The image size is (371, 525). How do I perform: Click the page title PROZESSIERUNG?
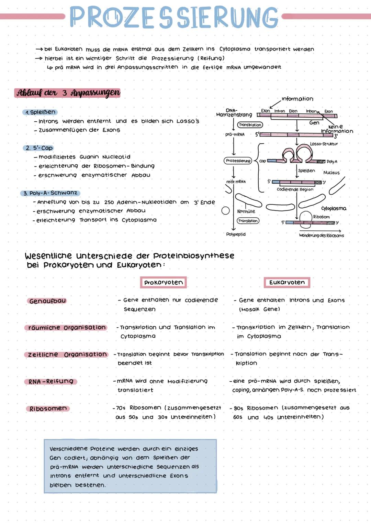[174, 17]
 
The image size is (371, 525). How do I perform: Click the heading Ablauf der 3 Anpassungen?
[68, 93]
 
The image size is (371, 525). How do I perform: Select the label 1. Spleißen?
[40, 112]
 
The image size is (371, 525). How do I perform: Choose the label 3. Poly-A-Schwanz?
[50, 193]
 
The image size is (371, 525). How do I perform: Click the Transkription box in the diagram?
[250, 125]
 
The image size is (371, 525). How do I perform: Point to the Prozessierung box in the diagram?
[238, 161]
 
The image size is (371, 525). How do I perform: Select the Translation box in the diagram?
[248, 221]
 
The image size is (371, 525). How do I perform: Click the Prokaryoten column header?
[163, 282]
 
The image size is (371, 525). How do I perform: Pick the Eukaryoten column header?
[287, 282]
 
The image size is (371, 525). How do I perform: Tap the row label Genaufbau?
[47, 301]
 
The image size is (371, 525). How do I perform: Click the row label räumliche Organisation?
[66, 328]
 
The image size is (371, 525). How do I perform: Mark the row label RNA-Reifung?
[51, 382]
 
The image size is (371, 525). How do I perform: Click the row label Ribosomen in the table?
[48, 409]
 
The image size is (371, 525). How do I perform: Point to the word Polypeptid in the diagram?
[236, 234]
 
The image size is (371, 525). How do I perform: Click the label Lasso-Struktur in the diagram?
[324, 144]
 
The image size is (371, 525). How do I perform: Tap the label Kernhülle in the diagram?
[246, 211]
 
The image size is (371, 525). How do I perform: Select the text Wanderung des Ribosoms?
[321, 236]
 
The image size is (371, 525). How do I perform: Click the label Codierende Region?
[295, 189]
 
